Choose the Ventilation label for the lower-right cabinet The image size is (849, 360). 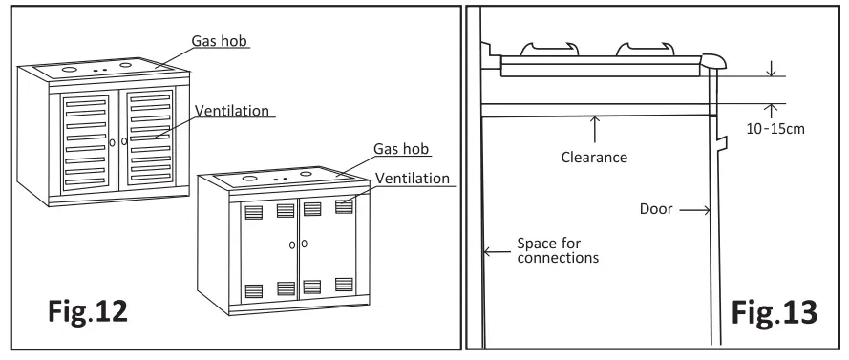click(412, 178)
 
